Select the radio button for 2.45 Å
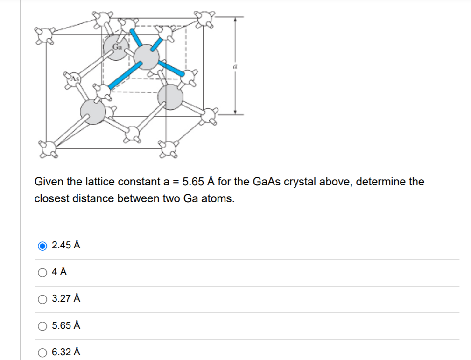42,246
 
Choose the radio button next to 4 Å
42,272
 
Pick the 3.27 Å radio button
42,299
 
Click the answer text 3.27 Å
66,298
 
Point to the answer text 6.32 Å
66,352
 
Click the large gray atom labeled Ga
117,49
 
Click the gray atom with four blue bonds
146,57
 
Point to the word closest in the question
50,198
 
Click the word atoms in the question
219,198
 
